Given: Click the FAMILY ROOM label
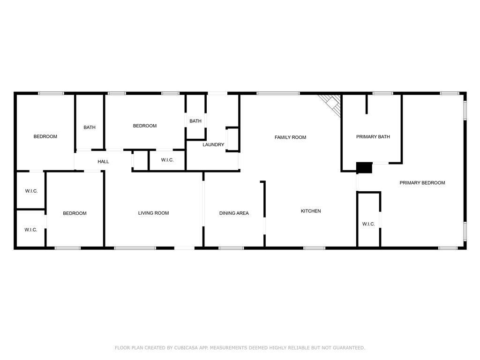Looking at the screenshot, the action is (290, 137).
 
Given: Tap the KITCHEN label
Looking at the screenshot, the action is (311, 211).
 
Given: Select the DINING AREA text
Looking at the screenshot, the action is (234, 213).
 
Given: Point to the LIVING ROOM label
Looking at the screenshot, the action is (153, 213).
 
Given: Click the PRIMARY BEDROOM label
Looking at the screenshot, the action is (422, 183).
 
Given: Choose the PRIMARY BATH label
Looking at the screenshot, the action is (373, 137).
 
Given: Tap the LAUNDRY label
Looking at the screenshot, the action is (213, 144).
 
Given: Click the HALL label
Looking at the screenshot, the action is (103, 162).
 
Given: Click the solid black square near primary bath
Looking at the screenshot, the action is (364, 168).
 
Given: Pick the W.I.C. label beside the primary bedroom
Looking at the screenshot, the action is (368, 224).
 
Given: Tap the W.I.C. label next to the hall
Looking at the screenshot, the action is (167, 160).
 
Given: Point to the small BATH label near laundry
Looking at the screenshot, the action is (195, 121).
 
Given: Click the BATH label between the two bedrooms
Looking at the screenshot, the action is (90, 127).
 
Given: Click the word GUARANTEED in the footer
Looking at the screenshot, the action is (349, 348).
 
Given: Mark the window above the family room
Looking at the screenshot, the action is (278, 93).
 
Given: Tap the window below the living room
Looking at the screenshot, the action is (135, 248).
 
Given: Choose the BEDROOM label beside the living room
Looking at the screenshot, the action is (75, 213).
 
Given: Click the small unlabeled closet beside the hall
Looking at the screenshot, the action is (141, 160).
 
